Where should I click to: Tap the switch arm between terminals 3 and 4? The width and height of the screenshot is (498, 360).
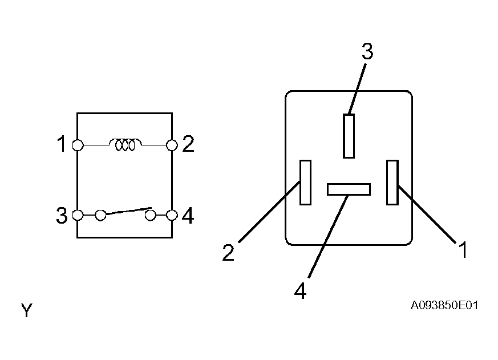click(128, 211)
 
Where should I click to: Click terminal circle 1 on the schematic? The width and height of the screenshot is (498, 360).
click(78, 145)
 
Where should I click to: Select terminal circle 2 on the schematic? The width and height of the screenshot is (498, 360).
click(172, 145)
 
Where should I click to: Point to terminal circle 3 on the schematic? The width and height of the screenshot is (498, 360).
click(78, 215)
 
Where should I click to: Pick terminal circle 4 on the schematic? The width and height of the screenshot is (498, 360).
click(172, 215)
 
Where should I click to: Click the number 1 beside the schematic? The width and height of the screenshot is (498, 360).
click(61, 144)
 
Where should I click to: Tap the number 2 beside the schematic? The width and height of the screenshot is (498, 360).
click(188, 144)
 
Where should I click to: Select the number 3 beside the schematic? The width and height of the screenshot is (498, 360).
click(62, 216)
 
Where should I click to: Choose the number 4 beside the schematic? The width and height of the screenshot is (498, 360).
click(188, 216)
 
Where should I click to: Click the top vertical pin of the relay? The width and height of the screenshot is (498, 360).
click(349, 136)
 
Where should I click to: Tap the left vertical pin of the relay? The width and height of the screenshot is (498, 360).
click(306, 183)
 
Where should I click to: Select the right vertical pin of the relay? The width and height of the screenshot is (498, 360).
click(392, 183)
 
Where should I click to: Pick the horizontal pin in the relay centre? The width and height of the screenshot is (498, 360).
click(349, 189)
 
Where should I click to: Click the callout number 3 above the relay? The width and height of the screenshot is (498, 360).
click(367, 51)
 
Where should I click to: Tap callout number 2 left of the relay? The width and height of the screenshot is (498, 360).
click(228, 253)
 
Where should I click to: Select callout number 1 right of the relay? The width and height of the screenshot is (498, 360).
click(463, 250)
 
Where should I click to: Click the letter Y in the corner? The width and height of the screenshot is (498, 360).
click(27, 310)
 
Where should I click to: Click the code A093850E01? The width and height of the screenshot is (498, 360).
click(444, 305)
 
